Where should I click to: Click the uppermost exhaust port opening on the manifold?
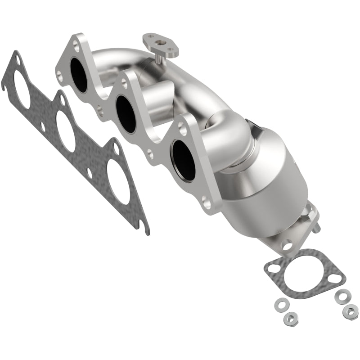tap(79, 75)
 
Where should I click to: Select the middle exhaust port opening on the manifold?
tap(126, 114)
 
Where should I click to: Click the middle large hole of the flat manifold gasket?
tap(66, 130)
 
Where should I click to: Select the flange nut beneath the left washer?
tap(288, 319)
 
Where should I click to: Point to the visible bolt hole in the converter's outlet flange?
tap(287, 246)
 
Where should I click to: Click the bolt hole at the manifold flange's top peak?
tap(76, 45)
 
